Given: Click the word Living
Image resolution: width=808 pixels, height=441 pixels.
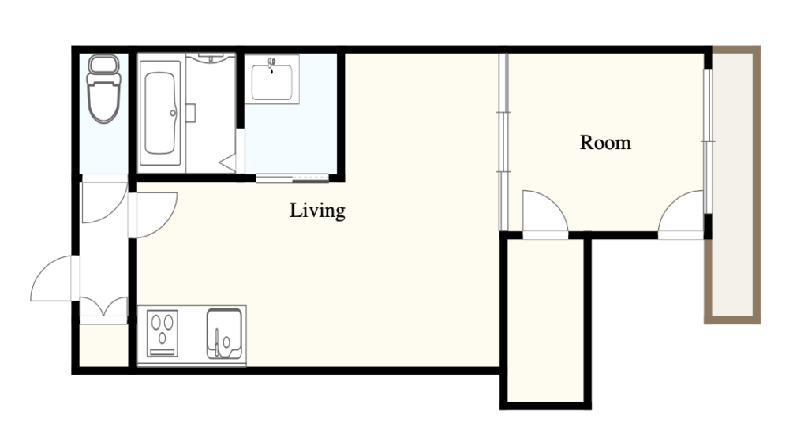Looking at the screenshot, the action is [317, 211].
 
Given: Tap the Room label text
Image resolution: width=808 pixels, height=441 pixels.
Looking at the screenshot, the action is [605, 143].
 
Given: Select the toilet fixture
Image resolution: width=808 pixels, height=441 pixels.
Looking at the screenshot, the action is [104, 88].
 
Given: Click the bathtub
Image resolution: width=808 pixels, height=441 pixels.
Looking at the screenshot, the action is [159, 114].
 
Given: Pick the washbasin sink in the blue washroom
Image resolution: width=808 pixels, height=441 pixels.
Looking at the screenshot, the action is [271, 80].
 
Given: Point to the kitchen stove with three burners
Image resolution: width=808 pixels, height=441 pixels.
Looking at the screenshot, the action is [163, 334].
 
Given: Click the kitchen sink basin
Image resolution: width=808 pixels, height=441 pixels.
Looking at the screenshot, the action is [224, 334].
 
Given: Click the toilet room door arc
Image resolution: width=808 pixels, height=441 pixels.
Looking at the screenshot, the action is [105, 199].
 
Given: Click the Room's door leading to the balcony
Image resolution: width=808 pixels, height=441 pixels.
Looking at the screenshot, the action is [681, 215].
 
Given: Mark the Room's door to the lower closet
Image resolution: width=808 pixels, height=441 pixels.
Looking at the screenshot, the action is [545, 215].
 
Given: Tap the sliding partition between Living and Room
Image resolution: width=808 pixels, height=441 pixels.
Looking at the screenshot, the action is [503, 142].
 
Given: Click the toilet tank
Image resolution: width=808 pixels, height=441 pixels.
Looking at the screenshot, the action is [104, 64].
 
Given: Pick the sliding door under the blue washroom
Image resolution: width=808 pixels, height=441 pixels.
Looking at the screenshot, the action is [292, 178].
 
